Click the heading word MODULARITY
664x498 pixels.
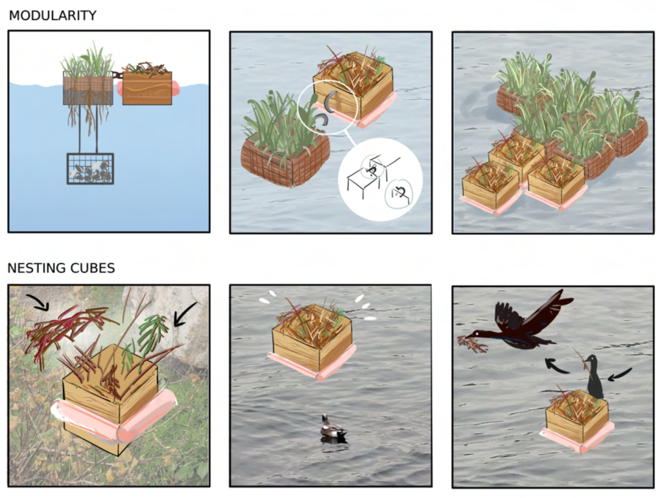(53, 16)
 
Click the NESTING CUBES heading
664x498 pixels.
(61, 268)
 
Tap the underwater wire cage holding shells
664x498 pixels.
(90, 169)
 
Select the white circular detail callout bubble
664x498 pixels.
(380, 179)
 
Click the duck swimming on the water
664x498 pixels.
(333, 429)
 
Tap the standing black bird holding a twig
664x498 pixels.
(593, 377)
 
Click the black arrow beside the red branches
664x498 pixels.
(38, 301)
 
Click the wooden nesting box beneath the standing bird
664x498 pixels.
(576, 419)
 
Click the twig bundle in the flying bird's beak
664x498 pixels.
(473, 343)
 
